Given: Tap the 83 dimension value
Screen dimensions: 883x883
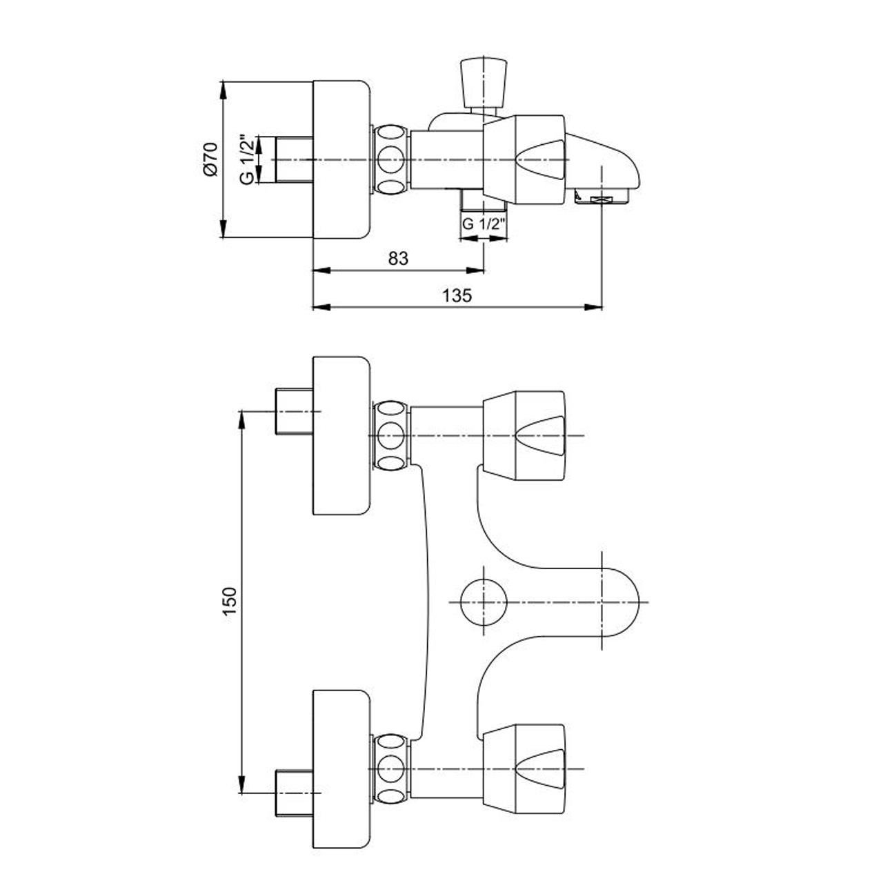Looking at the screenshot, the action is (x=398, y=259).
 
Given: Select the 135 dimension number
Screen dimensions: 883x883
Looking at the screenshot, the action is (x=457, y=295).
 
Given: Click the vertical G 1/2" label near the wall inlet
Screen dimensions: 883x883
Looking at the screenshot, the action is (x=247, y=159).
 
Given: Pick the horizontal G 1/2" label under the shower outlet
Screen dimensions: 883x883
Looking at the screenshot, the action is (x=484, y=224).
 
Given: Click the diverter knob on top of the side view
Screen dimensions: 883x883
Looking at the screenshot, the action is (x=484, y=84).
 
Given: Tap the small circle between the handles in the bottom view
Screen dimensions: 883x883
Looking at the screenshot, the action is (x=484, y=601).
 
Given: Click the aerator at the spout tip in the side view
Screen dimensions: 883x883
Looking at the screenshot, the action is (x=602, y=199).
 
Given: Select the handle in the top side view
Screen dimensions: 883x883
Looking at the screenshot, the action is (x=524, y=159).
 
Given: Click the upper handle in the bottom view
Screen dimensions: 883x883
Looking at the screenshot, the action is (x=524, y=435).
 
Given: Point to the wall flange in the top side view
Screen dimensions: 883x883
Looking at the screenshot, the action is (x=341, y=159).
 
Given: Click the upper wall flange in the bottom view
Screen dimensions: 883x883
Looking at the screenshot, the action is (x=341, y=435).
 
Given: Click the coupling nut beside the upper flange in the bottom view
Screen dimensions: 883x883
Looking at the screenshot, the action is (x=391, y=435).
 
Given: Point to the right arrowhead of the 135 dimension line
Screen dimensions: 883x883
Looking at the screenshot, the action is (x=593, y=307).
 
